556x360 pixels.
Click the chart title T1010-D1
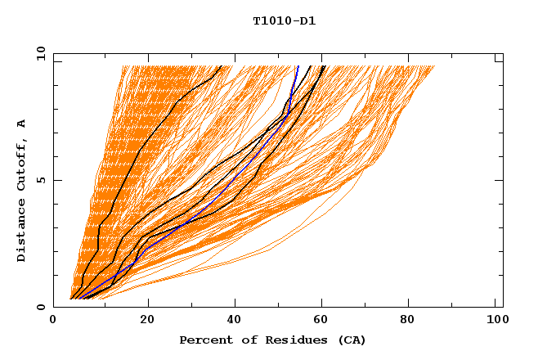(285, 20)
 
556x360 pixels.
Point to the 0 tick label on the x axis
(53, 320)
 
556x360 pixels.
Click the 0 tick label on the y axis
(40, 307)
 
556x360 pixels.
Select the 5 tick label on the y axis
(40, 180)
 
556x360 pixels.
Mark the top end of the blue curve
(298, 66)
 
